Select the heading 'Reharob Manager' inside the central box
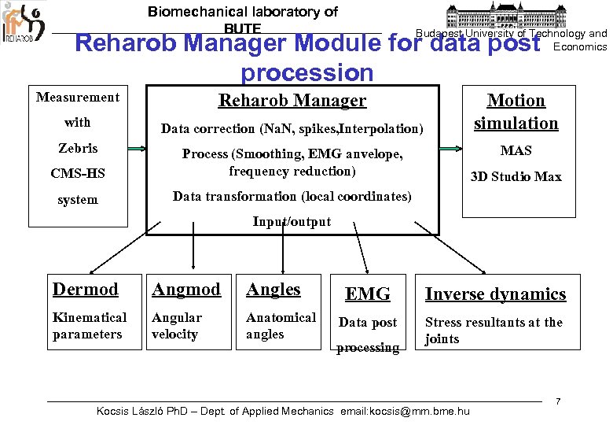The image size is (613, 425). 292,101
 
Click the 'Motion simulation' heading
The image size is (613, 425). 516,112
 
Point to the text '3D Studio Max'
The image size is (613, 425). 516,177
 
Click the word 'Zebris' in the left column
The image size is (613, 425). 78,148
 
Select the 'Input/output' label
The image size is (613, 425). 292,222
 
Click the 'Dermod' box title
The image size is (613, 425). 86,290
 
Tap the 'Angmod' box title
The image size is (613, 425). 186,290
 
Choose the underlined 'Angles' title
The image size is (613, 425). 273,290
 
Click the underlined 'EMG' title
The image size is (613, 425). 368,294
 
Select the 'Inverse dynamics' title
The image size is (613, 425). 495,294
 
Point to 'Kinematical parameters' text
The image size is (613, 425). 90,326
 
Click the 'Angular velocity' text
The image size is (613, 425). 177,326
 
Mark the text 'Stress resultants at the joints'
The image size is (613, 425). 494,331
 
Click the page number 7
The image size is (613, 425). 557,401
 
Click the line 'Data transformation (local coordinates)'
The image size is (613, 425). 292,196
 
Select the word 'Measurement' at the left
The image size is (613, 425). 78,98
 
